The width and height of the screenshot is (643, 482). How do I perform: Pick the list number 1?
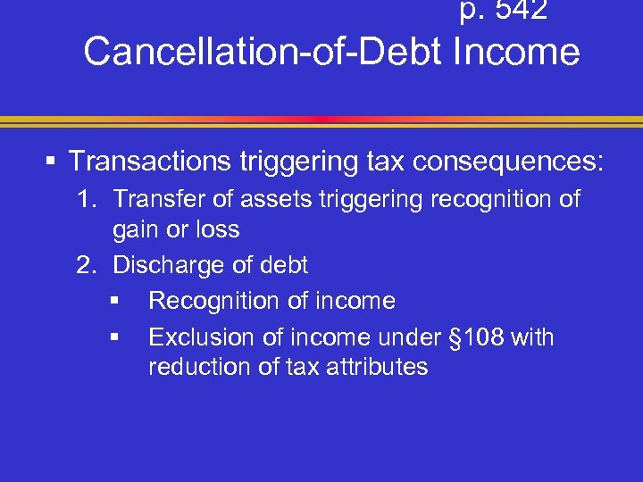coord(85,199)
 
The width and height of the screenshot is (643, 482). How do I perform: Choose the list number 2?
coord(85,265)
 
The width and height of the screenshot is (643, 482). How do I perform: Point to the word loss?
coord(218,229)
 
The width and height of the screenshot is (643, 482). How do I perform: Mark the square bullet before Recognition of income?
coord(114,302)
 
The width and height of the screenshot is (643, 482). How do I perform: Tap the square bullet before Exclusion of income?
coord(114,338)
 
